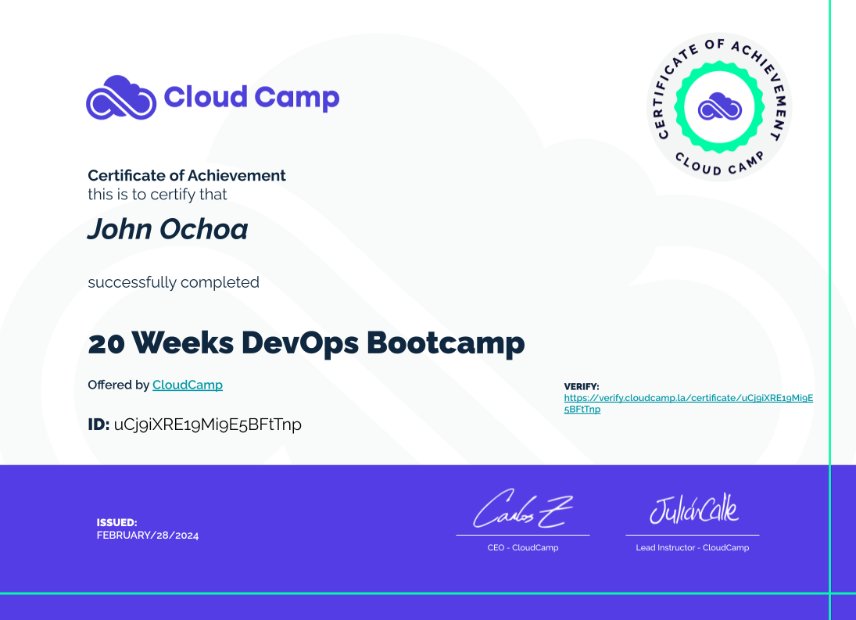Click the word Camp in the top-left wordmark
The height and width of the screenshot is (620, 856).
(x=297, y=99)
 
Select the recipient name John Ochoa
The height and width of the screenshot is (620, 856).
(x=167, y=229)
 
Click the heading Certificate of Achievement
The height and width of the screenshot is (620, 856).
(x=187, y=175)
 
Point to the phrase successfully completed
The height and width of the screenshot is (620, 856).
(x=174, y=282)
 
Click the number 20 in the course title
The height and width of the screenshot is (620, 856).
(x=106, y=344)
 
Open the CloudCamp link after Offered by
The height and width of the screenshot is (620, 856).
(x=188, y=385)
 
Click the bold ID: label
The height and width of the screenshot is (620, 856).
(x=98, y=424)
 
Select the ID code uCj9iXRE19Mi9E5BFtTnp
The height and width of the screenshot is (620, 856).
(x=207, y=425)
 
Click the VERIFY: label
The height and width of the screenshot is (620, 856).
(x=582, y=386)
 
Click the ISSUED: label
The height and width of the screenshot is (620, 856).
(x=116, y=522)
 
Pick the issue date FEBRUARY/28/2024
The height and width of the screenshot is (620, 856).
(x=148, y=536)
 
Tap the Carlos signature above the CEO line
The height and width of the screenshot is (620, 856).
(x=522, y=509)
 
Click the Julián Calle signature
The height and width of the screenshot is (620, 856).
(x=693, y=509)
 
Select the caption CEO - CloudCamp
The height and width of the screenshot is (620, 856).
(x=523, y=547)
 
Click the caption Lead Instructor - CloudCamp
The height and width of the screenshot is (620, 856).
(x=692, y=547)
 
